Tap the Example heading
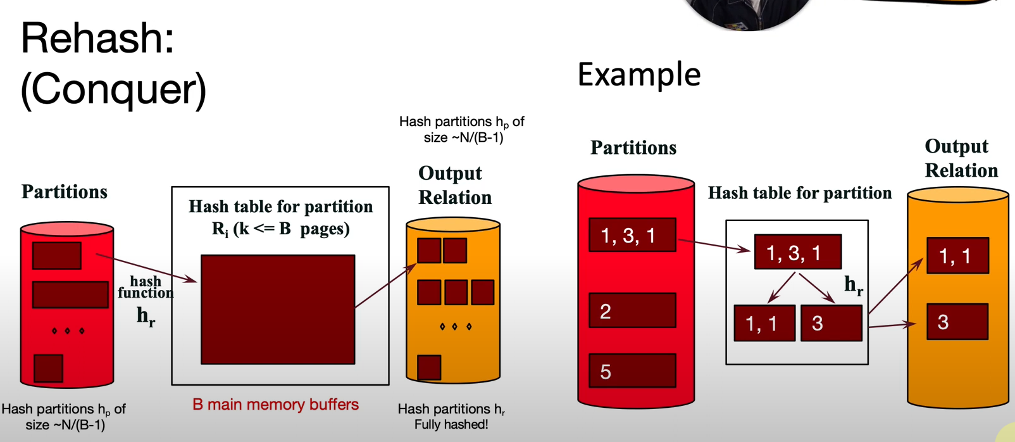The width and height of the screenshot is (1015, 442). click(638, 75)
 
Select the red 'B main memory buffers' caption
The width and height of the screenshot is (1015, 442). click(275, 405)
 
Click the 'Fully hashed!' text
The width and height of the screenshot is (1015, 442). click(451, 424)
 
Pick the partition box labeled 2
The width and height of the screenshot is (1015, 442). click(632, 310)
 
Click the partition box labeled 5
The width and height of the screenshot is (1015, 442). click(632, 370)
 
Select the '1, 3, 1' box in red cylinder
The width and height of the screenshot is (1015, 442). click(632, 235)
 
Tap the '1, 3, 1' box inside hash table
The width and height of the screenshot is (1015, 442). click(797, 252)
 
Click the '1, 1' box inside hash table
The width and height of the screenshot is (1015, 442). click(764, 323)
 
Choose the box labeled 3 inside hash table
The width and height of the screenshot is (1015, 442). click(831, 323)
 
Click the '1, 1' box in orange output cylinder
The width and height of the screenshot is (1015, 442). click(957, 256)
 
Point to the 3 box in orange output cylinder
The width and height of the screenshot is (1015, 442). click(957, 322)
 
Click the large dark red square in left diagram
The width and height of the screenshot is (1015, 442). click(278, 309)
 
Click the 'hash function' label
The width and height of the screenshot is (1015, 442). click(146, 287)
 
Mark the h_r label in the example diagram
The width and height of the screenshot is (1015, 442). click(854, 286)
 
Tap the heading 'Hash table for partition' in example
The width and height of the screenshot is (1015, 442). click(799, 193)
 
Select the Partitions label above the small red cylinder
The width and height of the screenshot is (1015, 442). click(65, 192)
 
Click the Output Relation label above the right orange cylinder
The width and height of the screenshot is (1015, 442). click(961, 158)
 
